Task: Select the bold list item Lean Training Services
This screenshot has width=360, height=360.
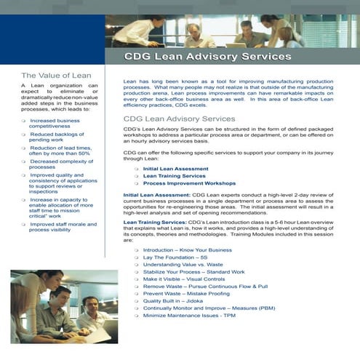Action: click(174, 176)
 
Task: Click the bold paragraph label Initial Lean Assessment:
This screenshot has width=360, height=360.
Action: click(156, 195)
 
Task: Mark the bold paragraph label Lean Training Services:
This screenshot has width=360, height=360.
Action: click(155, 221)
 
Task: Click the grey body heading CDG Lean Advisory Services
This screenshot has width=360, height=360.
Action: click(179, 118)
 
